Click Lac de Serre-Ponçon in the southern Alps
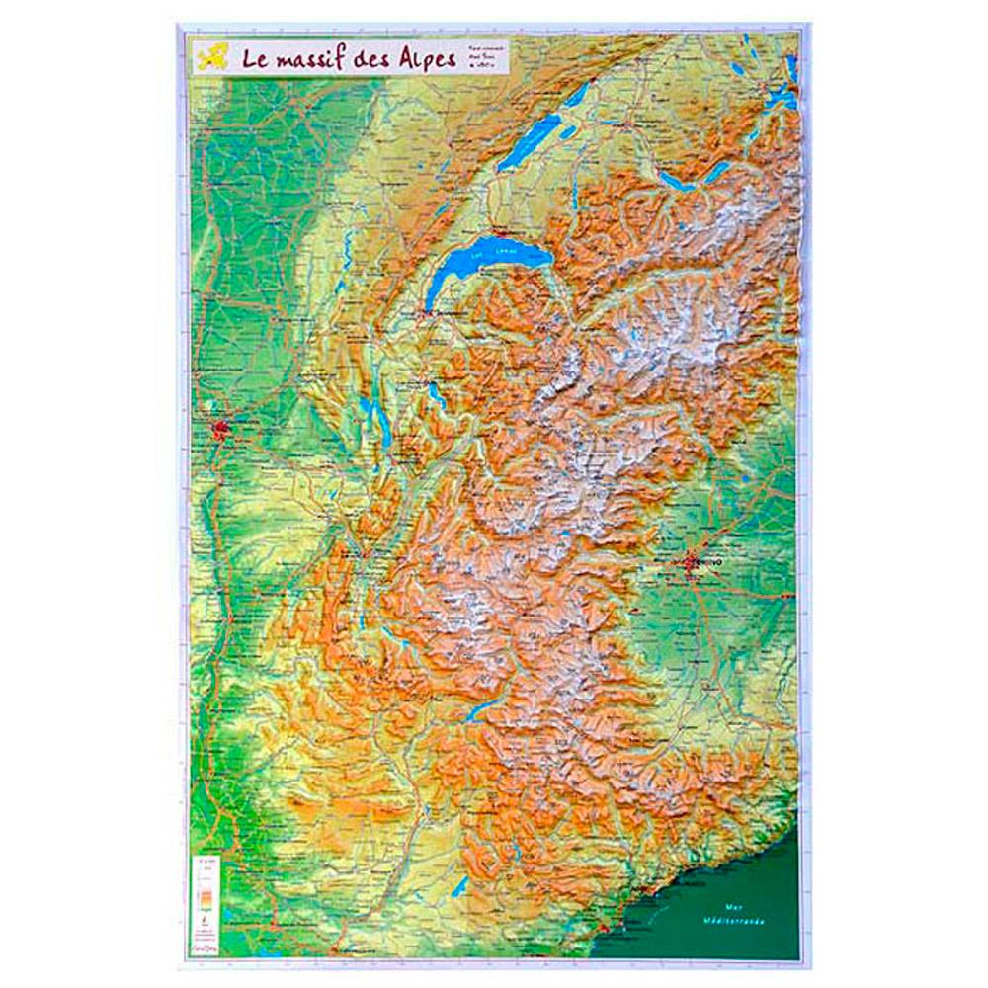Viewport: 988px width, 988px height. (482, 709)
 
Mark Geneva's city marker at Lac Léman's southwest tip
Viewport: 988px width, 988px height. (428, 314)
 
